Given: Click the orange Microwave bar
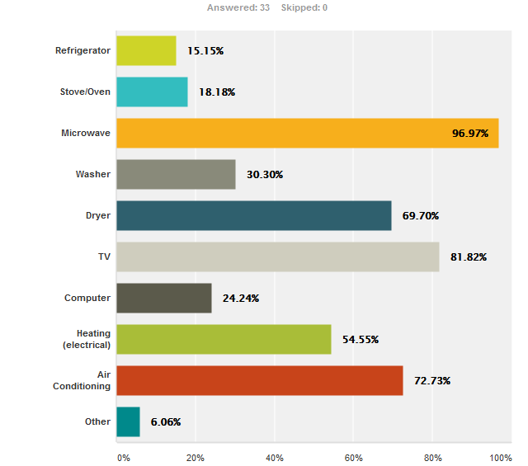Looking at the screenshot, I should [x=307, y=133].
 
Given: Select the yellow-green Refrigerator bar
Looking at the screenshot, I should [x=146, y=50].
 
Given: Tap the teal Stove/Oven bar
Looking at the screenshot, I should [x=152, y=92].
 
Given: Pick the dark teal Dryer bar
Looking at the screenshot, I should [x=253, y=215].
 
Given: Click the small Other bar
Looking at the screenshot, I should [x=128, y=421].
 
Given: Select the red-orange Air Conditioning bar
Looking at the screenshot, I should [x=259, y=380].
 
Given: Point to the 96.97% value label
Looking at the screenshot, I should [x=470, y=133].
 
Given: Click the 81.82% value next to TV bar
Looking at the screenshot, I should [x=469, y=257].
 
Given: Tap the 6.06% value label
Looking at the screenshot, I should [x=165, y=421].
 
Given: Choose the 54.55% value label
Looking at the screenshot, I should [x=361, y=339].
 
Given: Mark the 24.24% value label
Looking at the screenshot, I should [x=241, y=298].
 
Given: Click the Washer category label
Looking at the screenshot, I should [x=92, y=174].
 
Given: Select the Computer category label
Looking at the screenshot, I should [x=87, y=298].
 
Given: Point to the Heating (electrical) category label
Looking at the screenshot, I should [x=87, y=339].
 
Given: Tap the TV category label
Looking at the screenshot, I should [x=103, y=257].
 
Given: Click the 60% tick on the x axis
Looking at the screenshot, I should [x=353, y=457].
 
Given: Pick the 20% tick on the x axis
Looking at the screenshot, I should [x=195, y=457].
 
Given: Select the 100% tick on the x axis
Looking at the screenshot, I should [x=500, y=457].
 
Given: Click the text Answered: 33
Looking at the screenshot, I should [x=238, y=7].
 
